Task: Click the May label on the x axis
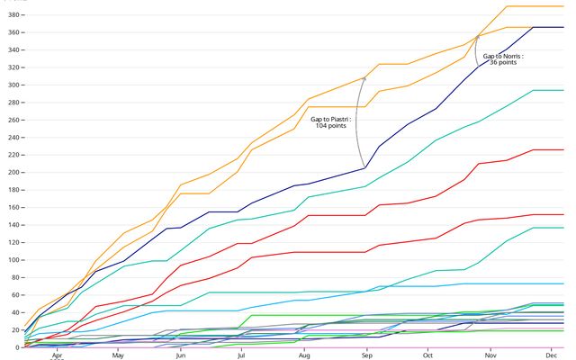(x=118, y=355)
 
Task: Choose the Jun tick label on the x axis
(x=181, y=355)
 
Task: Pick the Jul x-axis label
(x=241, y=355)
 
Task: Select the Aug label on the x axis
(x=304, y=355)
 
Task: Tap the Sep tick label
(x=367, y=355)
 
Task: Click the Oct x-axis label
(x=427, y=355)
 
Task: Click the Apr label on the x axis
(x=56, y=355)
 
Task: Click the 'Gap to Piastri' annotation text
(x=330, y=119)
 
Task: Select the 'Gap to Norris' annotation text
(x=503, y=56)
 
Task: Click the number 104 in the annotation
(x=321, y=126)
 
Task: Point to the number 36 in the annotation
(x=493, y=63)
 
